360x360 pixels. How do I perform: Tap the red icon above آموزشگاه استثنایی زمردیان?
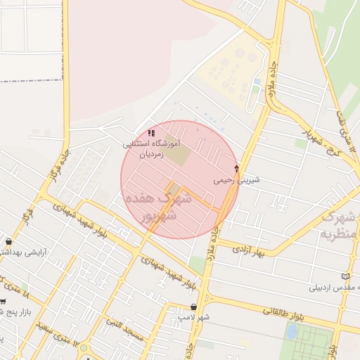coord(152,133)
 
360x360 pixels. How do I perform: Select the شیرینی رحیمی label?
coord(237,180)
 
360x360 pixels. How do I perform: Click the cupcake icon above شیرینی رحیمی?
coord(236,168)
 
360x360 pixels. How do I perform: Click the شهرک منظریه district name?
coord(337,225)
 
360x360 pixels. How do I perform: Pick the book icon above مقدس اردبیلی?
coord(344,276)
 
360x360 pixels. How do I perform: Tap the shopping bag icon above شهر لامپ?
coord(193,307)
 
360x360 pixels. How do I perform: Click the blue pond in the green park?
coord(255,89)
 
